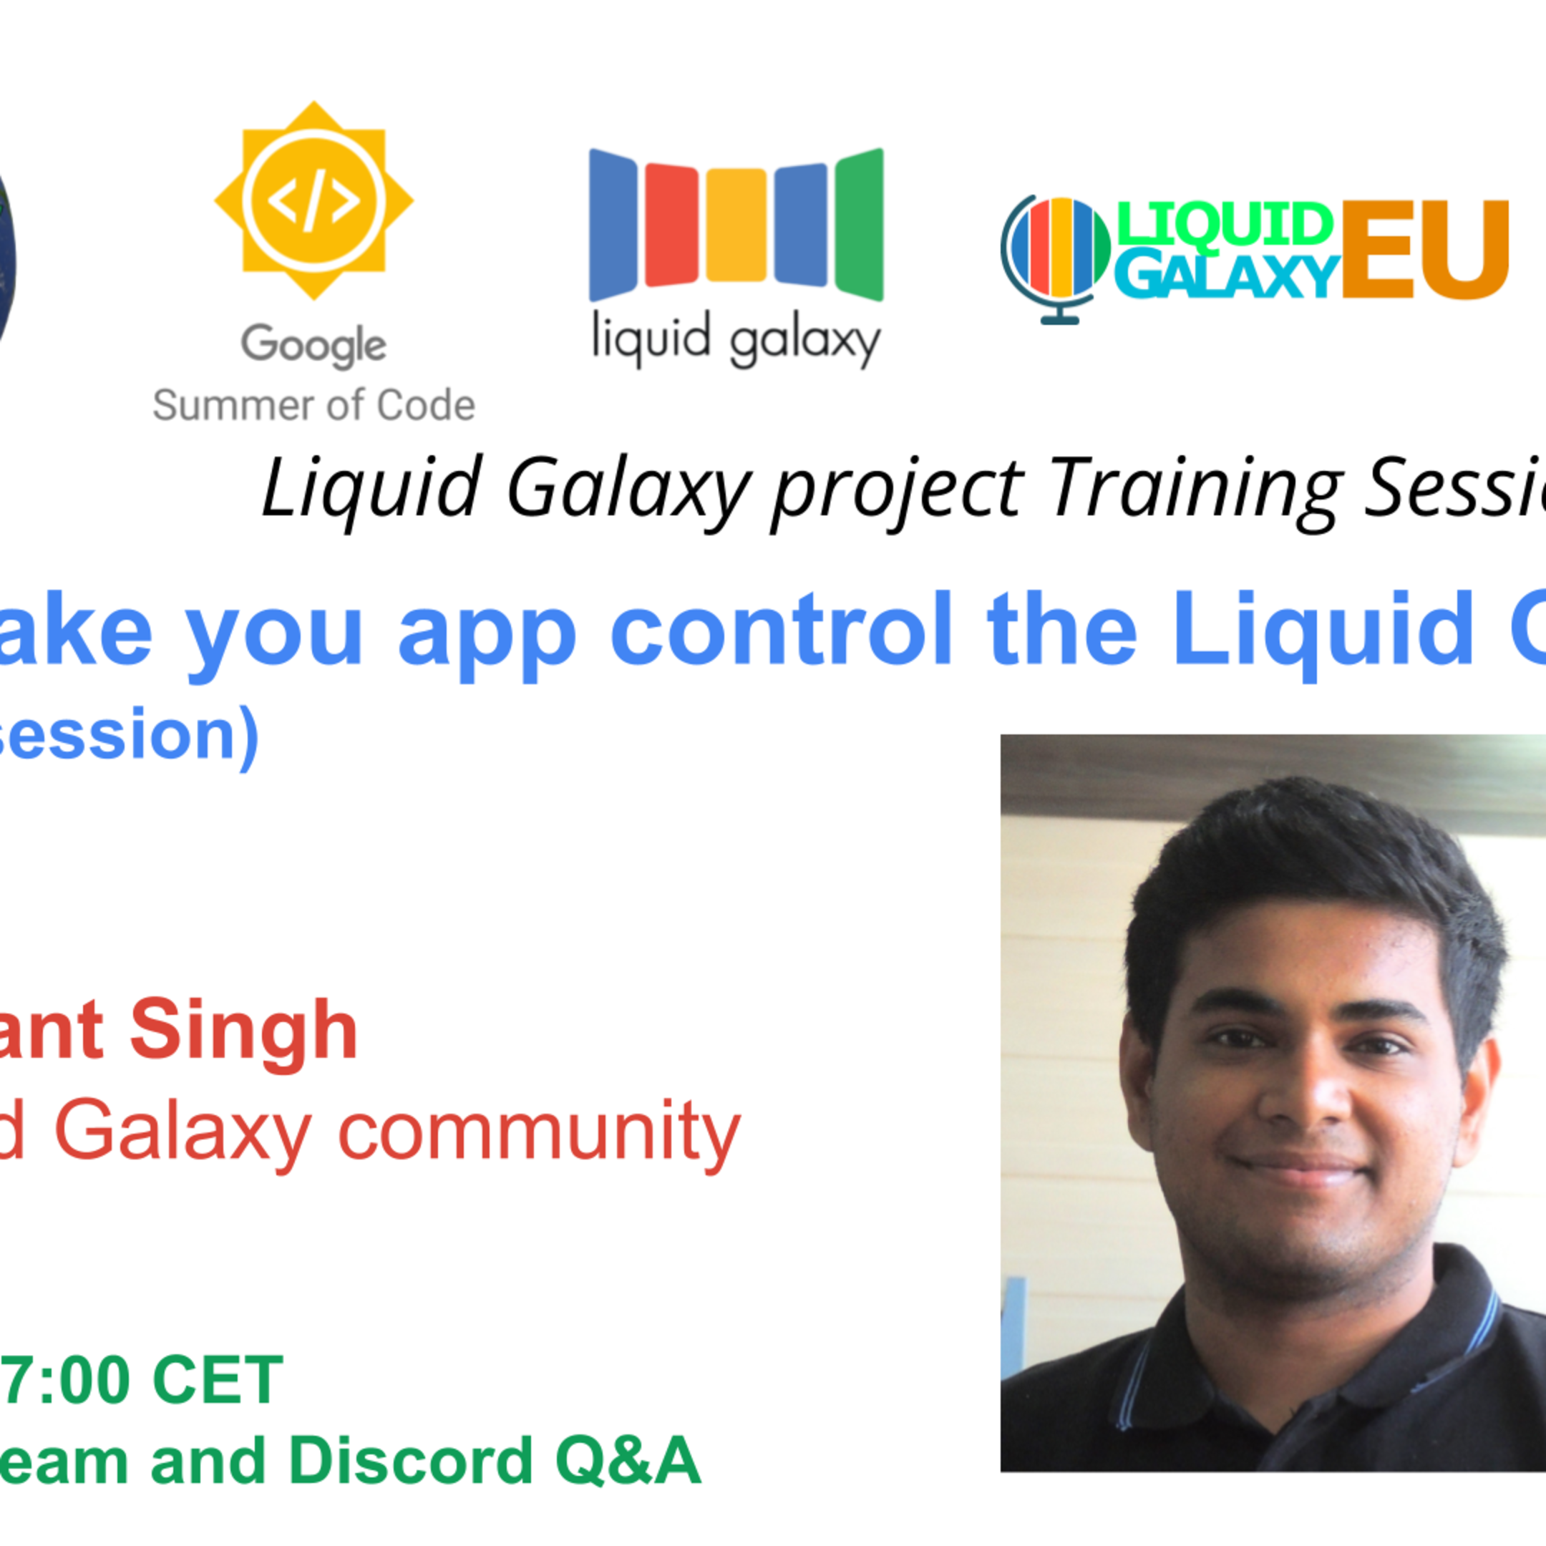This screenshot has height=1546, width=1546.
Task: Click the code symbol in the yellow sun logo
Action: [x=313, y=201]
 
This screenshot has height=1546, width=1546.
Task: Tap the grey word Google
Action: [x=313, y=345]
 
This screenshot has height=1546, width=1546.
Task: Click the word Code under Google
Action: [x=426, y=406]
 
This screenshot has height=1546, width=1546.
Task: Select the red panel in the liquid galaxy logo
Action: [x=671, y=225]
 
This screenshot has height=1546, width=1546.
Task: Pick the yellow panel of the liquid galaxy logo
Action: [x=736, y=225]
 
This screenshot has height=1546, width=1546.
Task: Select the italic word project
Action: [x=896, y=490]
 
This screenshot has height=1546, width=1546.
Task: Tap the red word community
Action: [x=540, y=1132]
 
